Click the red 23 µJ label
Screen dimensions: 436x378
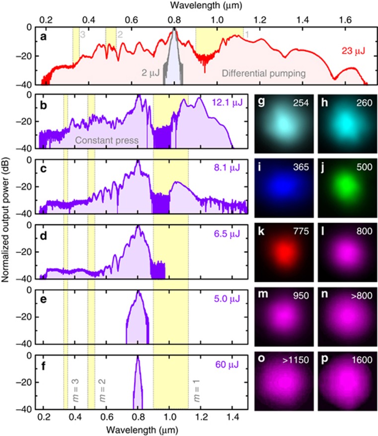pyautogui.click(x=353, y=50)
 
